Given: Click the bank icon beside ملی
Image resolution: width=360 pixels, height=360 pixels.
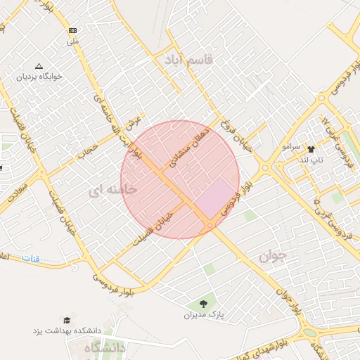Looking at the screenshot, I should point(73,31).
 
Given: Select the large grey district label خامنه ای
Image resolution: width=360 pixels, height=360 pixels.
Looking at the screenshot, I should point(113,189).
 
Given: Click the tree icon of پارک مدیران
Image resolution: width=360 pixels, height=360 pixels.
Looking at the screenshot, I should point(203,304).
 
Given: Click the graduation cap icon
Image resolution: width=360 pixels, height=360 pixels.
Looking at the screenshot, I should point(67,320).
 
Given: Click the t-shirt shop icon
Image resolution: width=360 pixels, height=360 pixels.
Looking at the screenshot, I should point(311,149).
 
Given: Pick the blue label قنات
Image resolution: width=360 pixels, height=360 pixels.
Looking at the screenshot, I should point(31,259).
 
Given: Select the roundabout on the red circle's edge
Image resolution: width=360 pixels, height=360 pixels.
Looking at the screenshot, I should point(210,224).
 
